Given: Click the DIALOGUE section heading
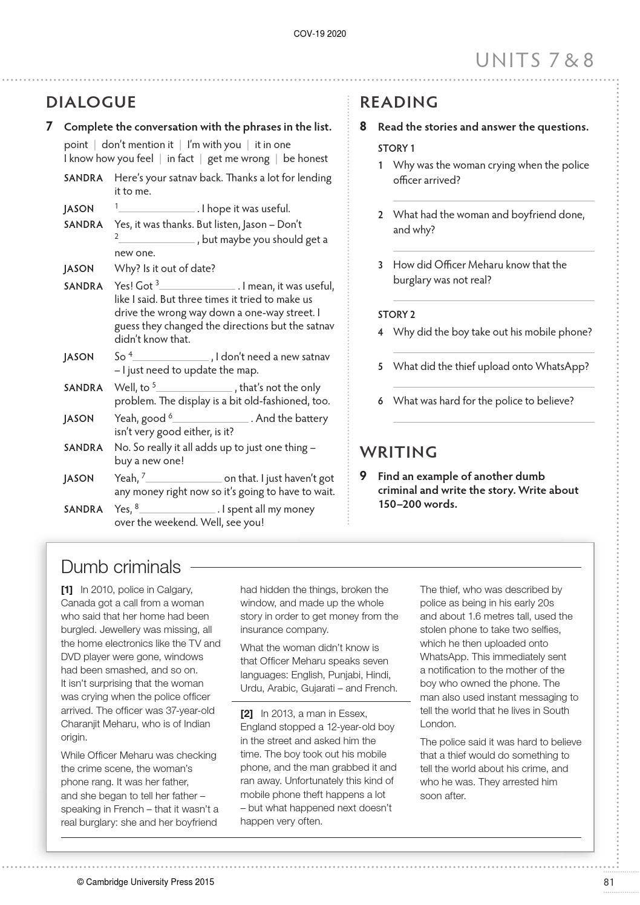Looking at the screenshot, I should tap(91, 102).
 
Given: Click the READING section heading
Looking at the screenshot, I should tap(399, 102).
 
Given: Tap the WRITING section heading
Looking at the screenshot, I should tap(398, 452).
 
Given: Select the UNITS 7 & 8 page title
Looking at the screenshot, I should tap(534, 60).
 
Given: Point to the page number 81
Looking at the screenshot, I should tap(609, 882).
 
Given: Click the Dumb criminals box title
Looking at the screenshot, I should tap(121, 566).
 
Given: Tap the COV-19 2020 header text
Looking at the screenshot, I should tap(320, 34).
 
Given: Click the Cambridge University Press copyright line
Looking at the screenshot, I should tap(145, 882).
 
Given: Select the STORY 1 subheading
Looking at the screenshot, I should tap(396, 148).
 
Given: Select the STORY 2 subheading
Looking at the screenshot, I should tap(396, 314).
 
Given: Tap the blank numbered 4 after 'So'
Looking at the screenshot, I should tap(171, 358).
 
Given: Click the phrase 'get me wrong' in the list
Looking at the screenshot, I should tap(238, 158).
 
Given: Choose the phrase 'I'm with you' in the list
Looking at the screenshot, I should tap(214, 144).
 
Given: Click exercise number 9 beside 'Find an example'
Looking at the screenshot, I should tap(363, 476).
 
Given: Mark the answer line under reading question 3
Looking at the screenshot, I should tap(493, 300).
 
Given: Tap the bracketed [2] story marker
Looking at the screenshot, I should tap(247, 714).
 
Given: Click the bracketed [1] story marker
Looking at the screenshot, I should tap(67, 589).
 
